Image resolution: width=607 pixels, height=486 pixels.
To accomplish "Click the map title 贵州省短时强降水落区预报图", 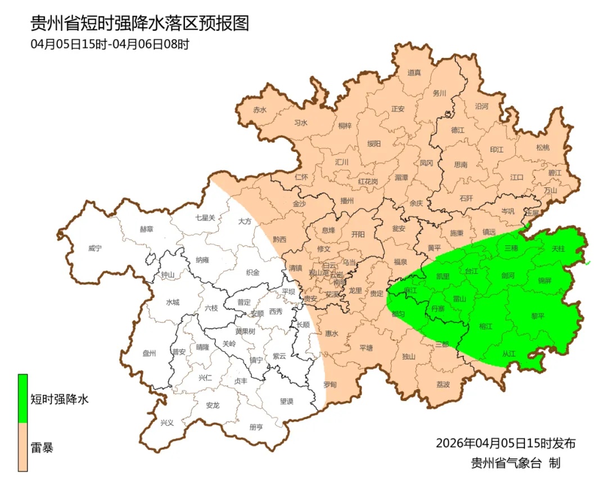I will [x=139, y=23].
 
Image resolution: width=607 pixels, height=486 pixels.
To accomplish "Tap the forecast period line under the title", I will [x=110, y=44].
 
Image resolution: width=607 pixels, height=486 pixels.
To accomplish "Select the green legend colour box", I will [x=23, y=398].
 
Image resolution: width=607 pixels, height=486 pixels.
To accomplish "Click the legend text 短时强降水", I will [x=59, y=399].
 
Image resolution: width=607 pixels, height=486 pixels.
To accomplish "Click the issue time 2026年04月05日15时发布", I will [x=505, y=443].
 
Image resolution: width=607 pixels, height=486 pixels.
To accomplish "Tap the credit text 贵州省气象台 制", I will [x=515, y=463].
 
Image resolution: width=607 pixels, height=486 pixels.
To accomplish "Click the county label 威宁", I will [x=96, y=248].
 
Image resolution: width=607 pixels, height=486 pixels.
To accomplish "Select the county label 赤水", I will [x=259, y=110].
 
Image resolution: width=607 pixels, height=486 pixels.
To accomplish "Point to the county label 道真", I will [x=414, y=73].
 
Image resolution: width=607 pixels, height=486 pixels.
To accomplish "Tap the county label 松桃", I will [x=542, y=147].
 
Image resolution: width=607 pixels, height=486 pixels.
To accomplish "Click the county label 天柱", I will [x=558, y=248].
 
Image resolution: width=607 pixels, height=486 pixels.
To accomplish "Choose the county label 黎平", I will [x=538, y=316].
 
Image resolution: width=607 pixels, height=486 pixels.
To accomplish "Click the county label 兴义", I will [x=167, y=422].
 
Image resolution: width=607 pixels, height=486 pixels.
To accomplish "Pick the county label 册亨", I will [x=256, y=427].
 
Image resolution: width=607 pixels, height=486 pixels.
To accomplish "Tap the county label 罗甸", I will [x=329, y=385].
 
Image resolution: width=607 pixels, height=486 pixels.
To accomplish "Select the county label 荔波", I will [x=443, y=385].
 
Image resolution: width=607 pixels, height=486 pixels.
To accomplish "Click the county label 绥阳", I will [x=374, y=143].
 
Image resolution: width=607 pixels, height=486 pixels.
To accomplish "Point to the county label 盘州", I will [x=149, y=353].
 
